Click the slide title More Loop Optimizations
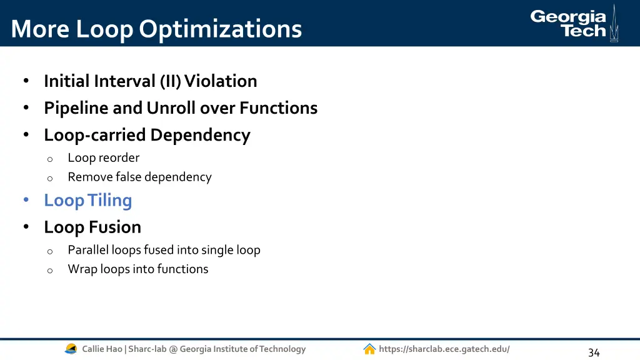(156, 29)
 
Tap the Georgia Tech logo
(574, 24)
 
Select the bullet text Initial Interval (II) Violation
(150, 81)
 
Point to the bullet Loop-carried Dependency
(147, 135)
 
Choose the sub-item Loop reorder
(103, 158)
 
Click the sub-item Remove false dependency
(139, 177)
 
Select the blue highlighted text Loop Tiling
(87, 201)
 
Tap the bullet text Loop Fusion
(92, 227)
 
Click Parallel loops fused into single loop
(164, 250)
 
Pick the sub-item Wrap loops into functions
(138, 269)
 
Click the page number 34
(594, 352)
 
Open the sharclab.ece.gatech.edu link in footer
(444, 349)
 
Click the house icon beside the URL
(369, 349)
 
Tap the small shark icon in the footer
(71, 349)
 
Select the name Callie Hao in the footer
(102, 349)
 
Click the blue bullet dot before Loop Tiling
(26, 201)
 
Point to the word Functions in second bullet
(279, 108)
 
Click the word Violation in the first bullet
(221, 81)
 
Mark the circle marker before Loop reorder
(50, 159)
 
